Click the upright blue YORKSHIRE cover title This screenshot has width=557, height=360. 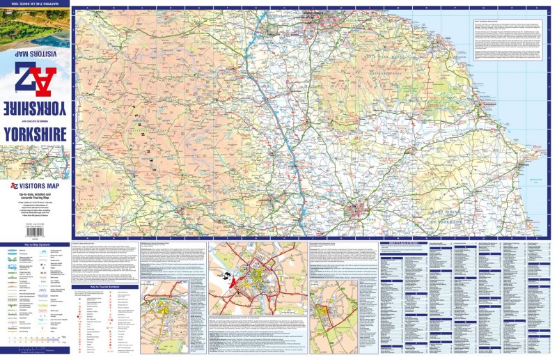pos(34,132)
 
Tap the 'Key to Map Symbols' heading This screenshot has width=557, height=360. pos(34,246)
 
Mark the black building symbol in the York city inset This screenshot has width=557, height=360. pos(227,276)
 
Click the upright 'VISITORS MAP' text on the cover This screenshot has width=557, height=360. pos(38,187)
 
